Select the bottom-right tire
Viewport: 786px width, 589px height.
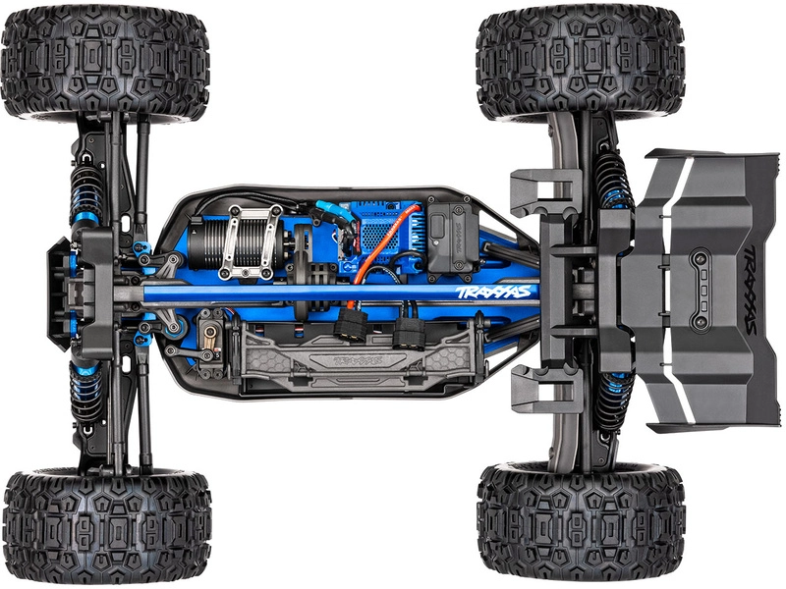580,525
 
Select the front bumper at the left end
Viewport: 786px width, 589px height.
61,294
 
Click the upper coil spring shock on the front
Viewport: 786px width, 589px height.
86,196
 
